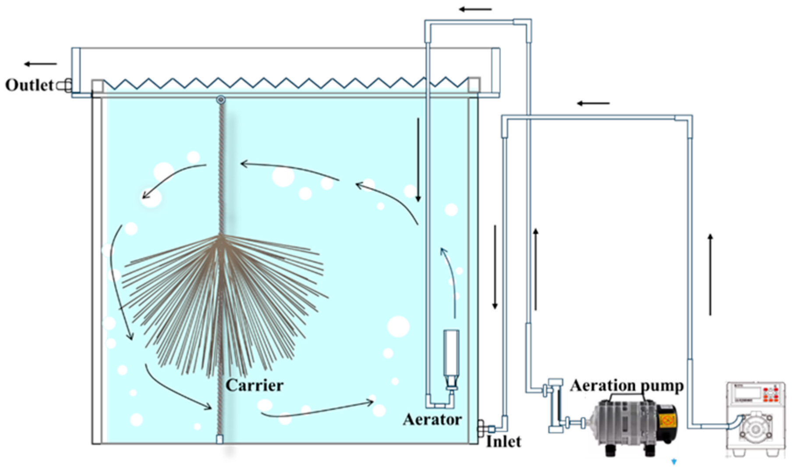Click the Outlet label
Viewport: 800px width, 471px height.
pos(29,85)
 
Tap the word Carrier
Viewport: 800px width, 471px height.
pos(254,385)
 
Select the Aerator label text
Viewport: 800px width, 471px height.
pos(432,420)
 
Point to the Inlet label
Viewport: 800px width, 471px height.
pos(503,442)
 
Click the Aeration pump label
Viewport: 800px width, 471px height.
pos(627,386)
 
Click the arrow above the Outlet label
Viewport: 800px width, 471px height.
pos(40,64)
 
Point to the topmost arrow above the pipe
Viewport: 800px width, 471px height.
pos(475,9)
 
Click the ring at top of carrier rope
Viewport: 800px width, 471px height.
pos(221,100)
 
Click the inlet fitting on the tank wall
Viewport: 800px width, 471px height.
pos(482,428)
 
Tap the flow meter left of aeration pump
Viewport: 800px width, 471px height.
pos(556,406)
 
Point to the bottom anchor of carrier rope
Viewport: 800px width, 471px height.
pos(220,439)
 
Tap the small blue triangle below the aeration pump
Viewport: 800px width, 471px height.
pos(674,461)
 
